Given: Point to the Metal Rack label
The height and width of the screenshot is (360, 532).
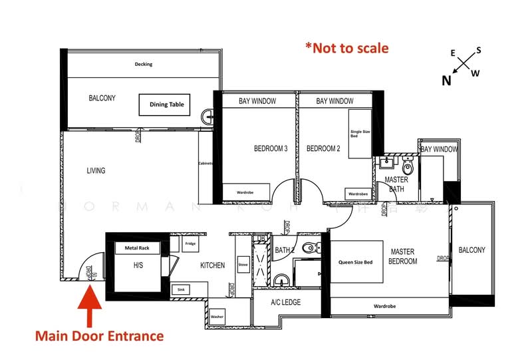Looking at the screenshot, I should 137,248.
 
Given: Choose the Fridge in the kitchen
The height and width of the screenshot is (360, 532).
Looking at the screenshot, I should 190,244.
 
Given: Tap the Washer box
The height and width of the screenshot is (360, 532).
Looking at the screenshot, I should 217,317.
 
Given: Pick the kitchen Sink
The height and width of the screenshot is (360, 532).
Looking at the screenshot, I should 180,289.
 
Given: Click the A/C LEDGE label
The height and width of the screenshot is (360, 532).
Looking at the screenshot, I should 285,302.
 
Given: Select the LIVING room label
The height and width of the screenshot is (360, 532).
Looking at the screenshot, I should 96,171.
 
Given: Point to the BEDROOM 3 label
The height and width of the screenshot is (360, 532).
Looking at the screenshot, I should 271,149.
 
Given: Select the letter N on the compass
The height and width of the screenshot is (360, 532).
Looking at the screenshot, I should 447,81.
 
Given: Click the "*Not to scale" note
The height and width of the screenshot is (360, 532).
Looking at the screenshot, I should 346,48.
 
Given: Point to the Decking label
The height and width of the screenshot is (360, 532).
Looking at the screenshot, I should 143,65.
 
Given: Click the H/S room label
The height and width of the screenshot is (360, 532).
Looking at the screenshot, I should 138,266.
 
